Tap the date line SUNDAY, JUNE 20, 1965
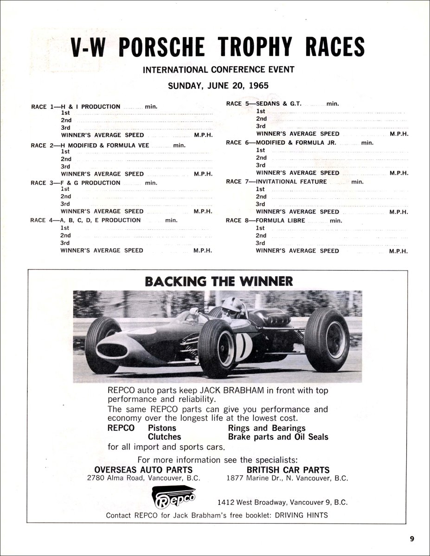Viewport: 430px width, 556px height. pyautogui.click(x=218, y=86)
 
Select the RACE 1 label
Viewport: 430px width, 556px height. pyautogui.click(x=39, y=107)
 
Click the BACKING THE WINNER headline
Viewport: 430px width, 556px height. pyautogui.click(x=219, y=281)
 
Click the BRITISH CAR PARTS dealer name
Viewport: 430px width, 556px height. pyautogui.click(x=288, y=469)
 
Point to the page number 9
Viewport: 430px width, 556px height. pyautogui.click(x=412, y=538)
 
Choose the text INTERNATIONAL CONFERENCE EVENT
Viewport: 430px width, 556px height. pyautogui.click(x=218, y=70)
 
